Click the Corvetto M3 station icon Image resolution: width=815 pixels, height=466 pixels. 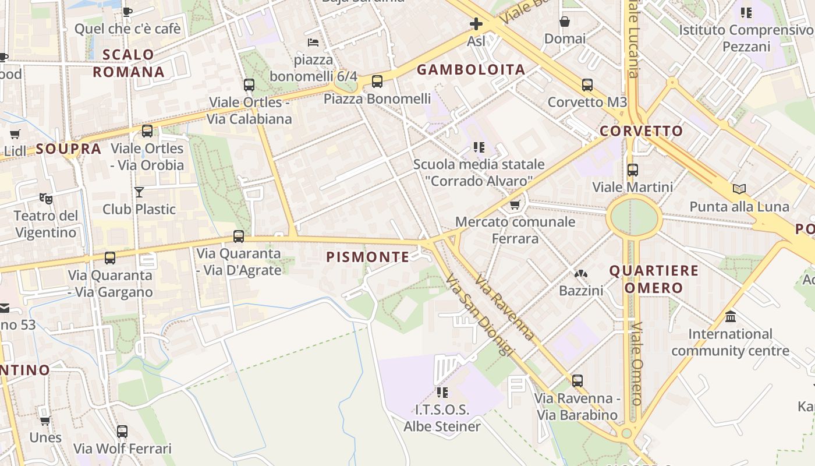(587, 85)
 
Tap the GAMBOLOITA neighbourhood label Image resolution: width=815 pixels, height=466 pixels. (471, 70)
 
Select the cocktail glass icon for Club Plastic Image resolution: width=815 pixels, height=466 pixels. (139, 192)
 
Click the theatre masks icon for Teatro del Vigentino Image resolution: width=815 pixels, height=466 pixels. (46, 199)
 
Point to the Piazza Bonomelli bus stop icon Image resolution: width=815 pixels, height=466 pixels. (377, 82)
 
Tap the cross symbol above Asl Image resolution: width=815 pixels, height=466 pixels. (476, 24)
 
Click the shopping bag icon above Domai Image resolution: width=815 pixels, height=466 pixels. (564, 22)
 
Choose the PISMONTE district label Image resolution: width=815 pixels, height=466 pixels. (368, 257)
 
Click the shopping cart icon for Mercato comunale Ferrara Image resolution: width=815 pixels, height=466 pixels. (515, 204)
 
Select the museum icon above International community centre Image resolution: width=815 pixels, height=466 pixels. (731, 317)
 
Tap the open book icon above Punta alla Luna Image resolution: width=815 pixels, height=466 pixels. (739, 189)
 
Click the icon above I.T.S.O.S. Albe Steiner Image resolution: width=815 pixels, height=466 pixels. (442, 392)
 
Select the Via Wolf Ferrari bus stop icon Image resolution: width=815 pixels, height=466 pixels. (122, 432)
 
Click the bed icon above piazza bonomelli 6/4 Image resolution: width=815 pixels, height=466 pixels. (313, 43)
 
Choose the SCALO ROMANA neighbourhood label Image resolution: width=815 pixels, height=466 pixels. (129, 63)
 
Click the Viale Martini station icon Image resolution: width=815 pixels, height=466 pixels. (632, 171)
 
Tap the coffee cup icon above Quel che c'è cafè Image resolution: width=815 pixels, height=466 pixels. (127, 12)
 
